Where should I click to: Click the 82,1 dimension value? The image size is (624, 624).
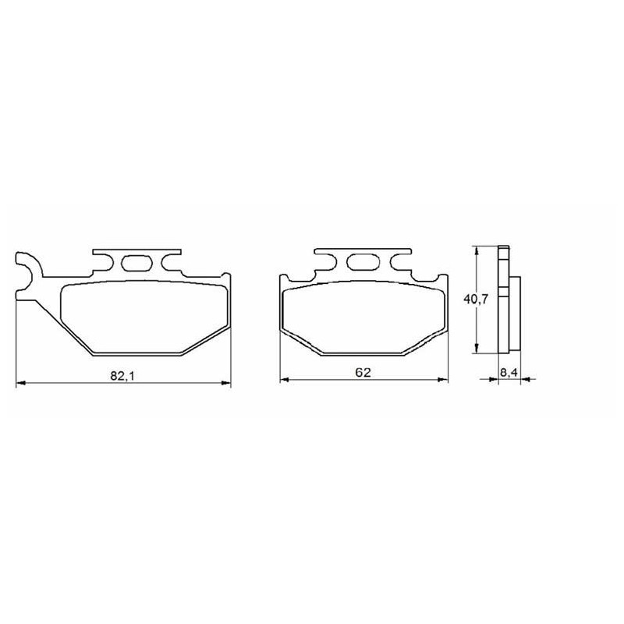point(123,375)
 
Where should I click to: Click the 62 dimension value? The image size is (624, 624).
point(363,372)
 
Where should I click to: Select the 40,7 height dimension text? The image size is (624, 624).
point(476,299)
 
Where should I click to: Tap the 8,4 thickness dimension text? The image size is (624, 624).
point(509,373)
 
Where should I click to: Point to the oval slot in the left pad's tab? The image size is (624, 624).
point(136,263)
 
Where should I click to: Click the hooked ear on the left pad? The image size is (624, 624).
point(29,275)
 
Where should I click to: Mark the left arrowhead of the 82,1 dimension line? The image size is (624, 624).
point(20,383)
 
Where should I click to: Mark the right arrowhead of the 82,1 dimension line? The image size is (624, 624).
point(226,383)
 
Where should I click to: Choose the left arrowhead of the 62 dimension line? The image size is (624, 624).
point(285,380)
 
